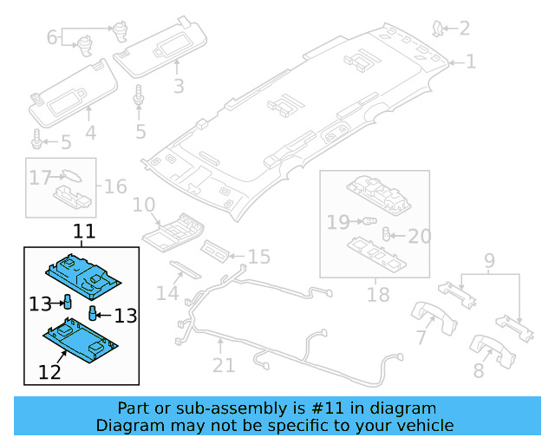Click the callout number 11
[x=84, y=232]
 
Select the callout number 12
[x=49, y=373]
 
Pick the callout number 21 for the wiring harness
[x=224, y=365]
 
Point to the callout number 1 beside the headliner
[x=471, y=62]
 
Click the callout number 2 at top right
[x=465, y=29]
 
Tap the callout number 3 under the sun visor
[x=179, y=86]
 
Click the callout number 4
[x=90, y=133]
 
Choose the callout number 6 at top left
[x=52, y=37]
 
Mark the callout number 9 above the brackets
[x=489, y=259]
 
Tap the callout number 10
[x=144, y=206]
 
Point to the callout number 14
[x=167, y=294]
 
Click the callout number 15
[x=258, y=257]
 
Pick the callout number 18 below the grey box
[x=378, y=295]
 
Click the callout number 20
[x=419, y=236]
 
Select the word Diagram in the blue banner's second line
[x=126, y=425]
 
